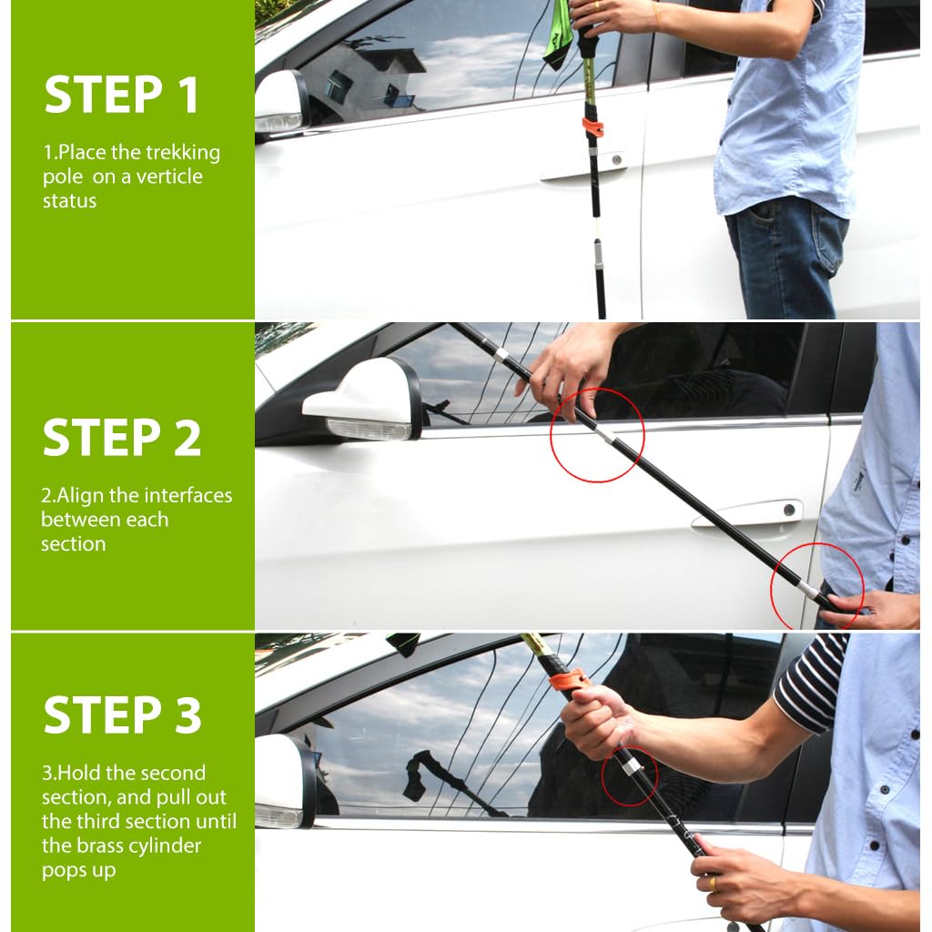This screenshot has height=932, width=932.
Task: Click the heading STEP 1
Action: pyautogui.click(x=121, y=95)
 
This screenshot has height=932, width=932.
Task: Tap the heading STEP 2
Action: pyautogui.click(x=121, y=438)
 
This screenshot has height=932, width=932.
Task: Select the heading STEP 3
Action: pyautogui.click(x=123, y=714)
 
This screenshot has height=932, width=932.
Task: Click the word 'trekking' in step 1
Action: pyautogui.click(x=183, y=153)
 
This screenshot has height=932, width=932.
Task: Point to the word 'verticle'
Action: pyautogui.click(x=169, y=177)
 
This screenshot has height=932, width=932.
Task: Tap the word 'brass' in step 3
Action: pyautogui.click(x=97, y=846)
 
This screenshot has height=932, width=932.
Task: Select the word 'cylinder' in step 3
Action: pyautogui.click(x=164, y=846)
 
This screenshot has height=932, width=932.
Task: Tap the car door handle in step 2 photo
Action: pyautogui.click(x=746, y=513)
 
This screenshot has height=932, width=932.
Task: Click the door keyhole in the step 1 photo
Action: pyautogui.click(x=617, y=160)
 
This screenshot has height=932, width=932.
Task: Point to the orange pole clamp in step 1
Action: pyautogui.click(x=592, y=126)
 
